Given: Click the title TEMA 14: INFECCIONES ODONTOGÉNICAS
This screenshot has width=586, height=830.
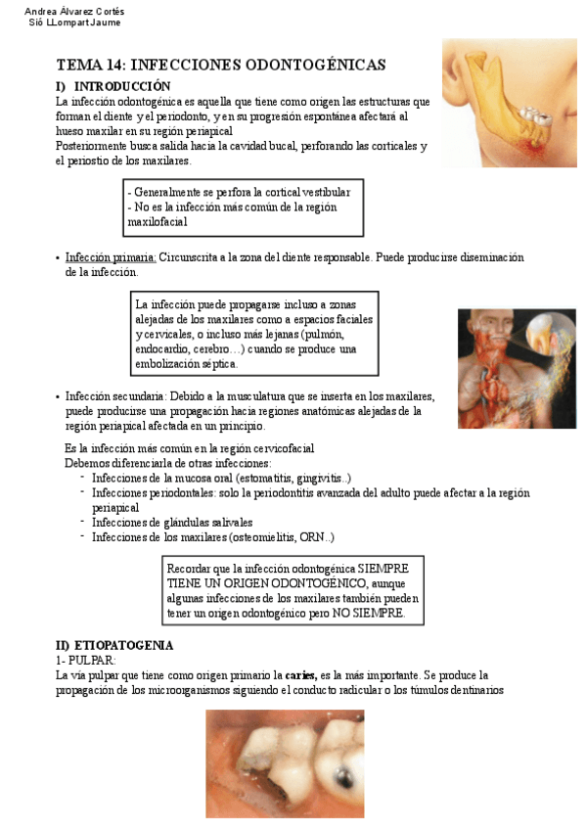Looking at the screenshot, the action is [221, 65].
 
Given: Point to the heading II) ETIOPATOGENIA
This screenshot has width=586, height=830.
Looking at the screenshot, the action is [114, 645].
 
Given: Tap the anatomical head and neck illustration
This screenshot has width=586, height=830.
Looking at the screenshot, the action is [516, 368].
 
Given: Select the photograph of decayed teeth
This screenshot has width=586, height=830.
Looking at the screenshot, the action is [285, 763].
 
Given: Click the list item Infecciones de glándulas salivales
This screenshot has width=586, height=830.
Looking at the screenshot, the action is [172, 523].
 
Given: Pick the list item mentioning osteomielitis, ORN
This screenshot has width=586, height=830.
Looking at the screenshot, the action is [213, 536].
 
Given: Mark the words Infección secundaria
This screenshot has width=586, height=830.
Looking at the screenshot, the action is [114, 396].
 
